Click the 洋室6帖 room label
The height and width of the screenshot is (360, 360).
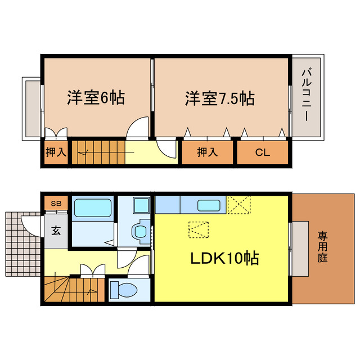point(96,98)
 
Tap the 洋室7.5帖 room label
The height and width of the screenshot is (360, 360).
point(219,98)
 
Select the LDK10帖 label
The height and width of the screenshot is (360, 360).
point(224,259)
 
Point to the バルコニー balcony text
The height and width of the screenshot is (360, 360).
point(307,96)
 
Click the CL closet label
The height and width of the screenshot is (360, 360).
point(262,152)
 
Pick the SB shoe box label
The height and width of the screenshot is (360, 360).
point(56,203)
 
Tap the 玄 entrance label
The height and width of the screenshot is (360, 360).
point(56,229)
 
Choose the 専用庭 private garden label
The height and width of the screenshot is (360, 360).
point(322,247)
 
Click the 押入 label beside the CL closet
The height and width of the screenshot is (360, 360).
point(206,152)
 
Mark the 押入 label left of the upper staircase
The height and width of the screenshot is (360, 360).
point(56,152)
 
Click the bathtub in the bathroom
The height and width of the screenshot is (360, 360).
point(93,208)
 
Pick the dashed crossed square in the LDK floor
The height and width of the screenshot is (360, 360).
point(198,229)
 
